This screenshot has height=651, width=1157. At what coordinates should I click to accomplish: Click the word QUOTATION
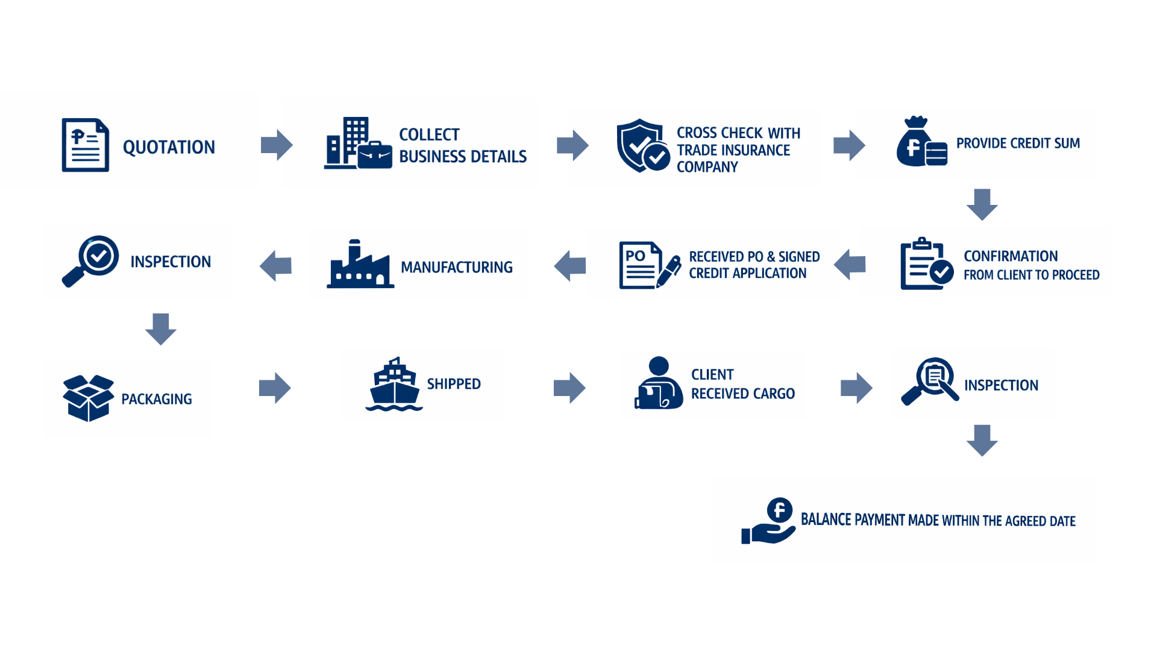[169, 147]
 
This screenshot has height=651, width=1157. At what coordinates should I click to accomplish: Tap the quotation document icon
[86, 145]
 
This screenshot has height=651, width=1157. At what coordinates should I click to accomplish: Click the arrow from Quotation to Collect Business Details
[277, 145]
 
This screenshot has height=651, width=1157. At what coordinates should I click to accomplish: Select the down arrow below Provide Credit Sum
[982, 204]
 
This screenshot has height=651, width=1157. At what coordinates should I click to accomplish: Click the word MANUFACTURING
[457, 267]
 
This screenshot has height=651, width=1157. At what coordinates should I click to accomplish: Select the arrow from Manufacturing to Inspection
[276, 266]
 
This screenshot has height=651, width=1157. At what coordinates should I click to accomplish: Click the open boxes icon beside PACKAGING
[88, 398]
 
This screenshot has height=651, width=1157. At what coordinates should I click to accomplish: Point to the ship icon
[394, 385]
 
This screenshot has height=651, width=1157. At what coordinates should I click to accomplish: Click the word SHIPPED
[454, 384]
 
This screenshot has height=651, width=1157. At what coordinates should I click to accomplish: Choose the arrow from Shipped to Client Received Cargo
[569, 388]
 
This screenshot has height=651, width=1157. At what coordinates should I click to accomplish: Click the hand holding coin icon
[768, 521]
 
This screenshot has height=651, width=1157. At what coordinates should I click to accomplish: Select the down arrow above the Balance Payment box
[982, 440]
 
